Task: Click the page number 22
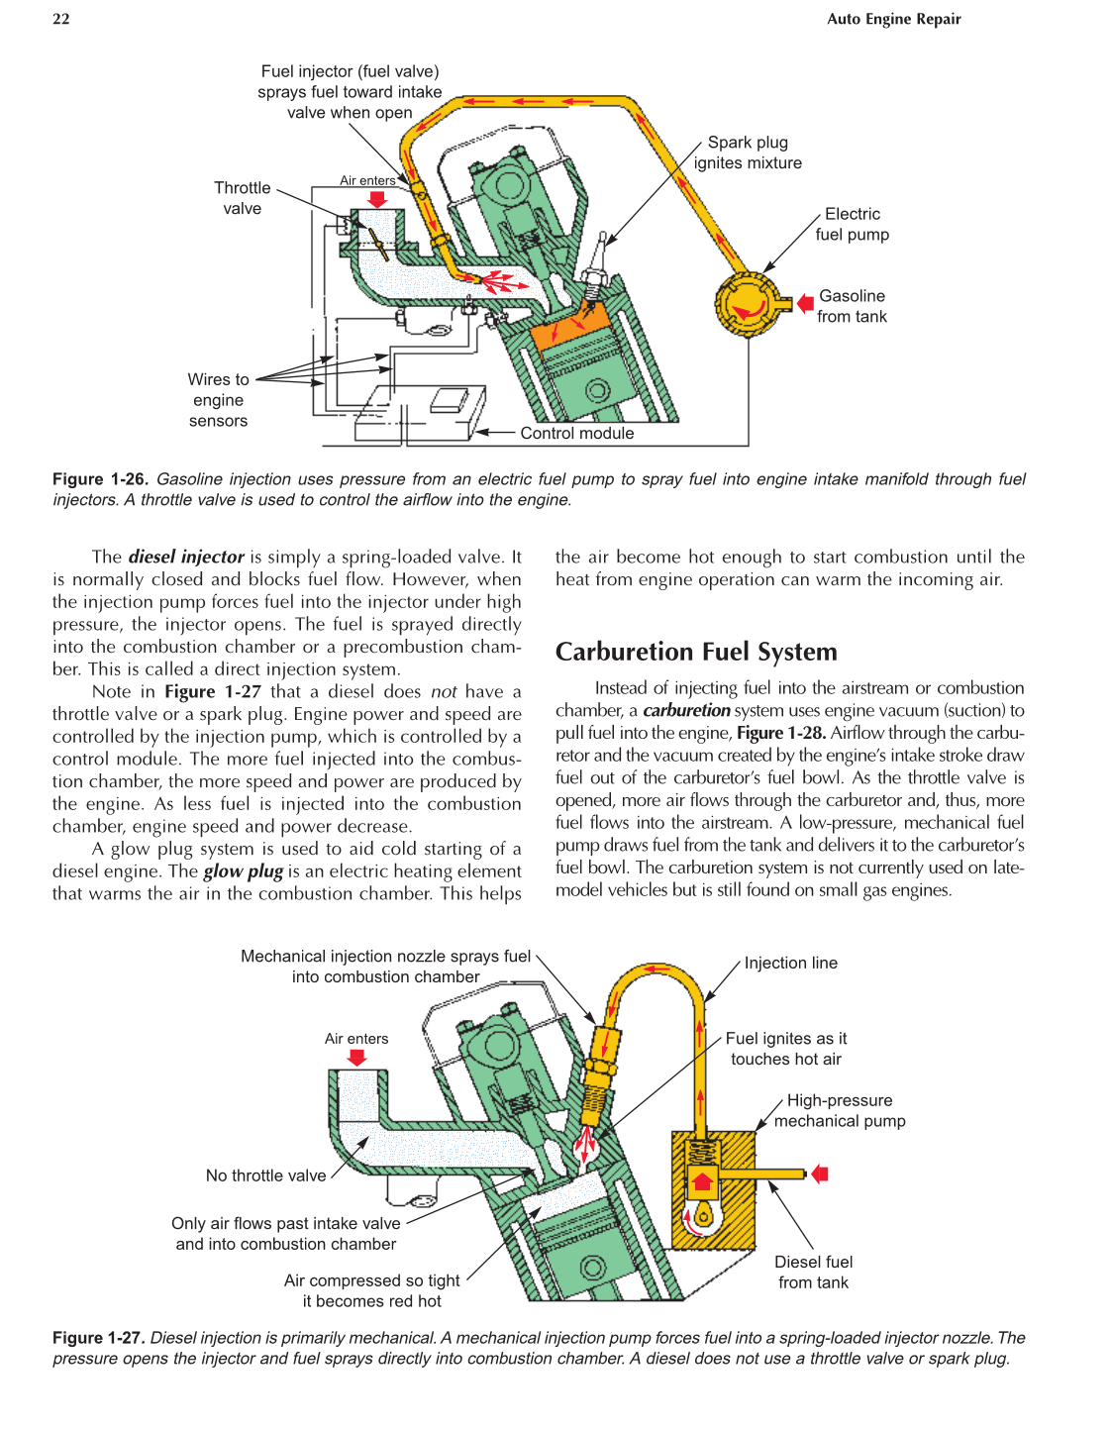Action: point(61,19)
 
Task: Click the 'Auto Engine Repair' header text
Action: point(893,19)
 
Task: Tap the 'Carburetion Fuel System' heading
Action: point(696,652)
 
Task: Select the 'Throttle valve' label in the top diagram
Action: point(243,198)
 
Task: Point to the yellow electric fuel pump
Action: point(748,304)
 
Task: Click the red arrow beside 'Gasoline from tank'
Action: point(805,304)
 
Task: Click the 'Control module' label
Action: point(576,433)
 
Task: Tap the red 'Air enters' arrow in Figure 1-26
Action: point(376,199)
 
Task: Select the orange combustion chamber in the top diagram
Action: point(571,326)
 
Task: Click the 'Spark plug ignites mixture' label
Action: point(748,153)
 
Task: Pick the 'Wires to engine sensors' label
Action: point(218,400)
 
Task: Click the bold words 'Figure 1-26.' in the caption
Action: point(100,479)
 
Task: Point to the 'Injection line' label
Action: point(790,963)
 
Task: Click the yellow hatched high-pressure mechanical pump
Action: point(715,1188)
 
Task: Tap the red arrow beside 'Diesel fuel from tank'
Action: point(820,1175)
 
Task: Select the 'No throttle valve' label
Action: point(265,1175)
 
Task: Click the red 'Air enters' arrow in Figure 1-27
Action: point(356,1058)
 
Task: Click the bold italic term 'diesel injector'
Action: point(186,557)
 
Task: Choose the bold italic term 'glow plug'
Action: point(244,871)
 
